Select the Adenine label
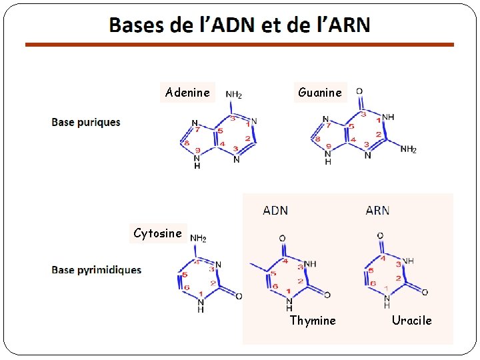tap(187, 93)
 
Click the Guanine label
tap(320, 93)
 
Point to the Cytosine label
tap(157, 233)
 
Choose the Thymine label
tap(313, 321)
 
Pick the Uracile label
tap(411, 321)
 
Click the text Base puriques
tap(86, 122)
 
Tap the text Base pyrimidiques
tap(97, 270)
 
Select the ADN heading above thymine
tap(275, 211)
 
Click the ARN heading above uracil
tap(377, 211)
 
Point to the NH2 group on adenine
tap(233, 95)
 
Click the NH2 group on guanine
tap(408, 149)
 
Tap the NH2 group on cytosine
tap(198, 238)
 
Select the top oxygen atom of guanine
tap(359, 91)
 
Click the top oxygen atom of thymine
tap(282, 239)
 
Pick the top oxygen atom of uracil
tap(380, 235)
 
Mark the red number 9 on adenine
tap(197, 150)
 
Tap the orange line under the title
tap(239, 45)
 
